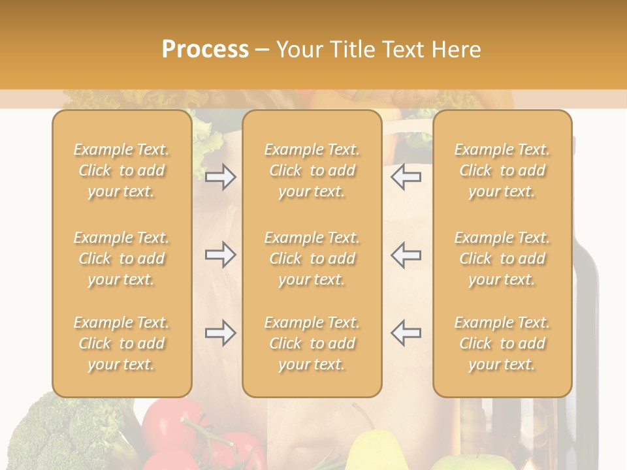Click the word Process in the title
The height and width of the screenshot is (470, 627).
click(205, 50)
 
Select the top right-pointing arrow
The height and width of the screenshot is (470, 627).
click(221, 177)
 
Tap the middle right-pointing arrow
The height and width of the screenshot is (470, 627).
click(221, 255)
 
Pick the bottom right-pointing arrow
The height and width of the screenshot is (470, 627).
click(221, 333)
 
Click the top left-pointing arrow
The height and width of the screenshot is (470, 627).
click(406, 177)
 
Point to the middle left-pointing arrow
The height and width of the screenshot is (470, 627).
click(406, 255)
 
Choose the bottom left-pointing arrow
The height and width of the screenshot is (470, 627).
click(406, 333)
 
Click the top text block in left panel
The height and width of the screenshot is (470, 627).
click(121, 170)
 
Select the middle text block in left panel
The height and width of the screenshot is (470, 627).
click(121, 258)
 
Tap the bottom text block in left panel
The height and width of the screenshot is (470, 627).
click(121, 343)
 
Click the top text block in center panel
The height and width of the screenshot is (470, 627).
click(312, 170)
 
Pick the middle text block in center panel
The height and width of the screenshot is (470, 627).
click(312, 258)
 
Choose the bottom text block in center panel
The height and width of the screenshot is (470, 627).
click(312, 343)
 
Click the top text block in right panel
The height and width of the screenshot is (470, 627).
click(502, 170)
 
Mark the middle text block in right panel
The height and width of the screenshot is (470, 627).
click(502, 258)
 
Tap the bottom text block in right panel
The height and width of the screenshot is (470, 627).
click(502, 343)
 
